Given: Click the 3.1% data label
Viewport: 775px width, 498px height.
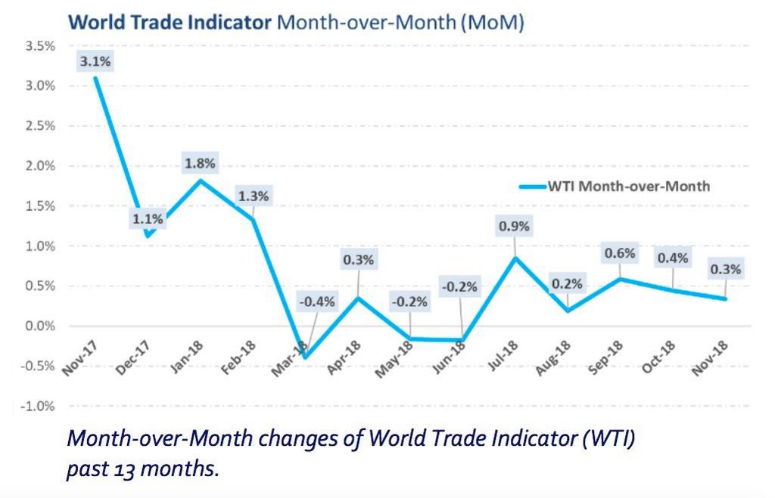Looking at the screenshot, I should [95, 62].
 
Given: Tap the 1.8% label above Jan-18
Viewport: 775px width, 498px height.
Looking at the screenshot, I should [201, 163].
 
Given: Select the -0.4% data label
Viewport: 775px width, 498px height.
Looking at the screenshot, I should [317, 302].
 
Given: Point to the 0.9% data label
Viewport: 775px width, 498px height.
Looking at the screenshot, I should [514, 226].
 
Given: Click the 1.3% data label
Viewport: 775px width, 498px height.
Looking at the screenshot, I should [254, 196].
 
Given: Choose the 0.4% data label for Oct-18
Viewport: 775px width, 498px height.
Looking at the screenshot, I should [673, 258].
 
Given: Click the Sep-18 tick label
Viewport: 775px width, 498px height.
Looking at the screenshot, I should [605, 357].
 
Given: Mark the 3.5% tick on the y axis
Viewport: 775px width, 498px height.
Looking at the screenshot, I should [39, 46].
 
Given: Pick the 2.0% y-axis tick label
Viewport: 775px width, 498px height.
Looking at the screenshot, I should [39, 166].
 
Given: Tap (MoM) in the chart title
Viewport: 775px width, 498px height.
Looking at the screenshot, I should [492, 22].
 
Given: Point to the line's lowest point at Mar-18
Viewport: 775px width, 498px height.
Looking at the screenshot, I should [306, 357].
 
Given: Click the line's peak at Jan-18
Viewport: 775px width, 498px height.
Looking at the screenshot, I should [200, 180].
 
